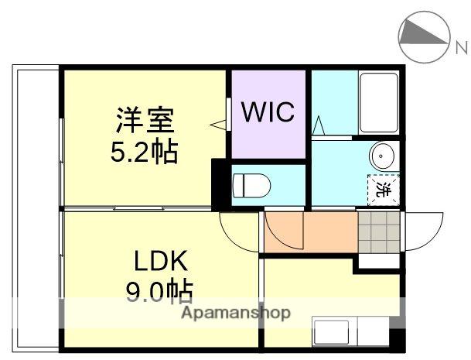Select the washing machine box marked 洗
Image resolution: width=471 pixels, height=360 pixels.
pyautogui.click(x=382, y=188)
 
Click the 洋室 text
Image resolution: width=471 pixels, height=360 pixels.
pyautogui.click(x=145, y=122)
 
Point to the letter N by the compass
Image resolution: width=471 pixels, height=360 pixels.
pyautogui.click(x=461, y=47)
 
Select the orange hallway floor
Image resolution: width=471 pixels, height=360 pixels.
pyautogui.click(x=309, y=231)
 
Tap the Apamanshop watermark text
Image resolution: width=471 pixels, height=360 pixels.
pyautogui.click(x=236, y=314)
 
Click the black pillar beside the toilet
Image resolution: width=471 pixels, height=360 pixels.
pyautogui.click(x=220, y=183)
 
